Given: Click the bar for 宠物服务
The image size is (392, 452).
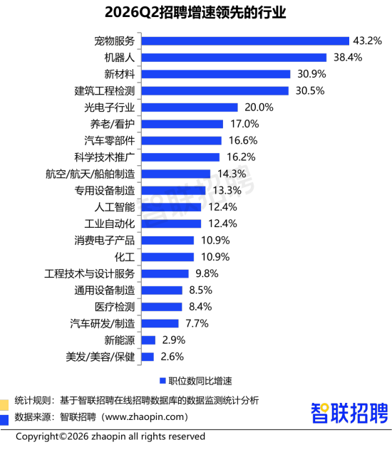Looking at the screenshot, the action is pos(245,41).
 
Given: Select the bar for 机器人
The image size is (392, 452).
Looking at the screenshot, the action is pos(234,58).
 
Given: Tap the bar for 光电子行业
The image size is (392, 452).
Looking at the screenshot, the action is pos(190,107).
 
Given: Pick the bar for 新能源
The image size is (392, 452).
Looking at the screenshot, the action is pos(148,340).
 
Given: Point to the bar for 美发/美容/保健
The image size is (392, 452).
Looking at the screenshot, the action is pos(148,357).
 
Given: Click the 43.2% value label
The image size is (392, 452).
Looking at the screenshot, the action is pos(368,41).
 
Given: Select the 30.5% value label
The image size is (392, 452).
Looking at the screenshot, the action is pos(310,91).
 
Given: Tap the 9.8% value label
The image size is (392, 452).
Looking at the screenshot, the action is pos(207,273).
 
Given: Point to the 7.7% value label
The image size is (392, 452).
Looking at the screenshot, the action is pos(197,323).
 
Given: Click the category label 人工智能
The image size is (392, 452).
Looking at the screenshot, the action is pos(115,207).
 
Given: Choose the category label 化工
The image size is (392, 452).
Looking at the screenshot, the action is pos(125,257).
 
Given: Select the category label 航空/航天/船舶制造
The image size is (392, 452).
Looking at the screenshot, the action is pos(90,174).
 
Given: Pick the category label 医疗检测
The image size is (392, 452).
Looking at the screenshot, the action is pos(115,307).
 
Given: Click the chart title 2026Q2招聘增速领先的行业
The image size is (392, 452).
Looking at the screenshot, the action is pos(195,13).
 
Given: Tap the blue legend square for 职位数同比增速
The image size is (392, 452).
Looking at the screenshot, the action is pos(163,381).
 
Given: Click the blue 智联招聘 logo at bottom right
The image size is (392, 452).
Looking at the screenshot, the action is pos(349,413).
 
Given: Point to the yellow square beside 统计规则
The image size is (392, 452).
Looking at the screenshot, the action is pos(4,405).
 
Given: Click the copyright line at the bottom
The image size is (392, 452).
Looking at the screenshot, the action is pos(110,436).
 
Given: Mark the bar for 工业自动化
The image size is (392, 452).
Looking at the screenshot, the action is pos(171,224).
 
